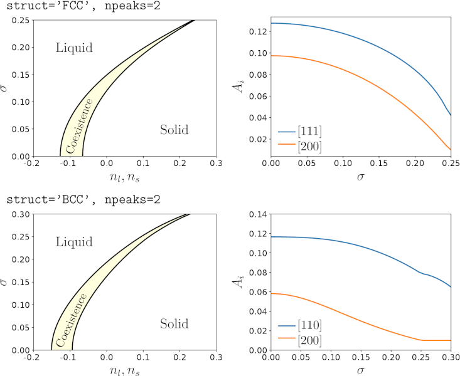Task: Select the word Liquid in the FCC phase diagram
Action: (x=74, y=48)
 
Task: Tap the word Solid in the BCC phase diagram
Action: (x=174, y=324)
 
